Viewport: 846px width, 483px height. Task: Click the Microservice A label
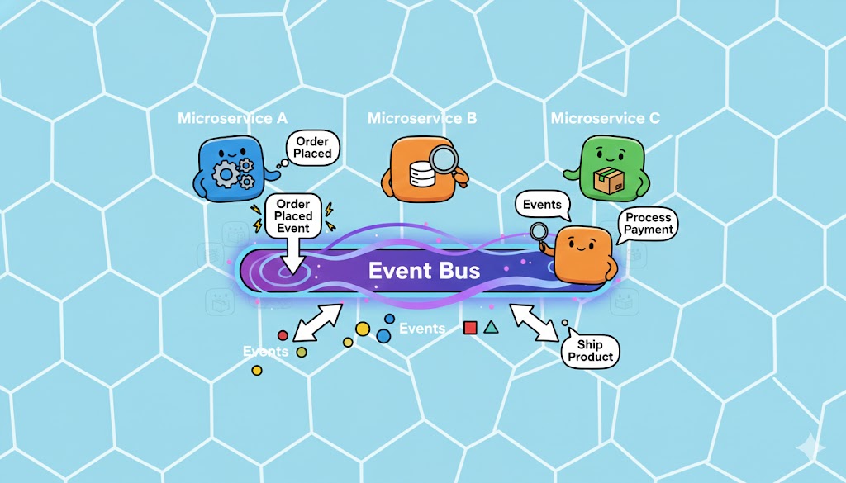click(x=226, y=119)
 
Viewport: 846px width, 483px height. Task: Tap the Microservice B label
click(x=422, y=119)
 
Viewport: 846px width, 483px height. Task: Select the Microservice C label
click(x=606, y=119)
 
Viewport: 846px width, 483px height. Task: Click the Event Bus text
click(x=424, y=270)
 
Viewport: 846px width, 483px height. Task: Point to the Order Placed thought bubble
click(x=312, y=148)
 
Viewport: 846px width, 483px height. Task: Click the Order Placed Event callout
click(x=293, y=216)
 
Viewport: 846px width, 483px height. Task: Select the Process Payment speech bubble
click(x=649, y=223)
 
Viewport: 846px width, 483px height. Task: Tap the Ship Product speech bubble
click(x=591, y=351)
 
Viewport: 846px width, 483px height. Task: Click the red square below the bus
click(x=470, y=328)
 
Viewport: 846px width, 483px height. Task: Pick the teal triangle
click(x=492, y=327)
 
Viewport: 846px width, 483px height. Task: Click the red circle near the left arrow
click(x=283, y=335)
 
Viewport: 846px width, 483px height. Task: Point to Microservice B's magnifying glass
click(x=447, y=159)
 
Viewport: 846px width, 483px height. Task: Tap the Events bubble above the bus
click(x=542, y=205)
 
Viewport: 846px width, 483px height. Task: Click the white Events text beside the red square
click(x=422, y=329)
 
